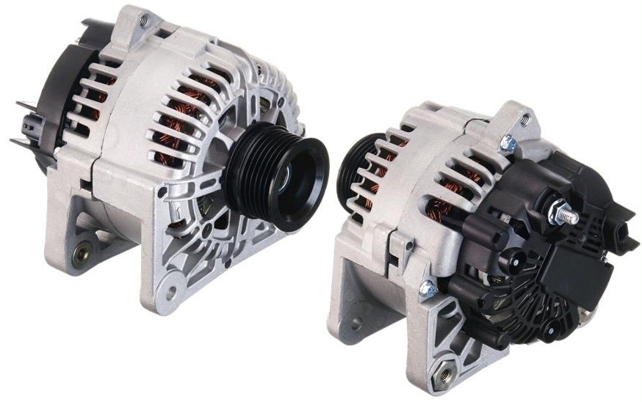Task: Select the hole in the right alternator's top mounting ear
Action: coord(524,117)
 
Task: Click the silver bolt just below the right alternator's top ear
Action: coord(508,145)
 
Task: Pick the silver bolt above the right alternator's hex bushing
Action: coord(428,288)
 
